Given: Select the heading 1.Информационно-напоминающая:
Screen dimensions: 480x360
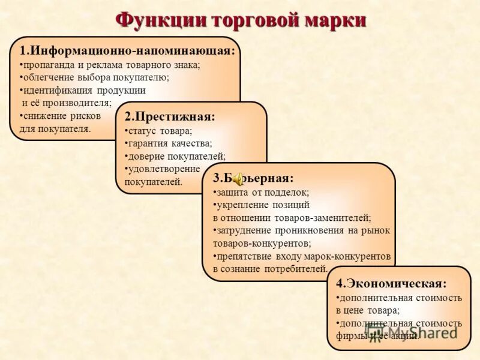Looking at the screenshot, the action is click(127, 50).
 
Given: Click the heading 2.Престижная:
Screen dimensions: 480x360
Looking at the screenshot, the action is click(170, 116).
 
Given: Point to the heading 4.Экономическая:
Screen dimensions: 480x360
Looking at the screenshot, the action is click(391, 283).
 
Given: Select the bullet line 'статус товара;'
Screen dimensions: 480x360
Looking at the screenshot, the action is click(159, 131).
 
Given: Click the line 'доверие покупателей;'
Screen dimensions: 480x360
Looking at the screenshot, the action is click(175, 157).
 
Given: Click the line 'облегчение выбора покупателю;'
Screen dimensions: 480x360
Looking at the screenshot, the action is click(94, 77).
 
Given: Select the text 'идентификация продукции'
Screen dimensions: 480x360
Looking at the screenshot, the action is click(84, 91).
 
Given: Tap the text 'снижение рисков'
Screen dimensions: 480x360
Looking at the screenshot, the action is click(60, 116).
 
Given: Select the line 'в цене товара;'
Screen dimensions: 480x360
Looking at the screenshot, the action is click(367, 310).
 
